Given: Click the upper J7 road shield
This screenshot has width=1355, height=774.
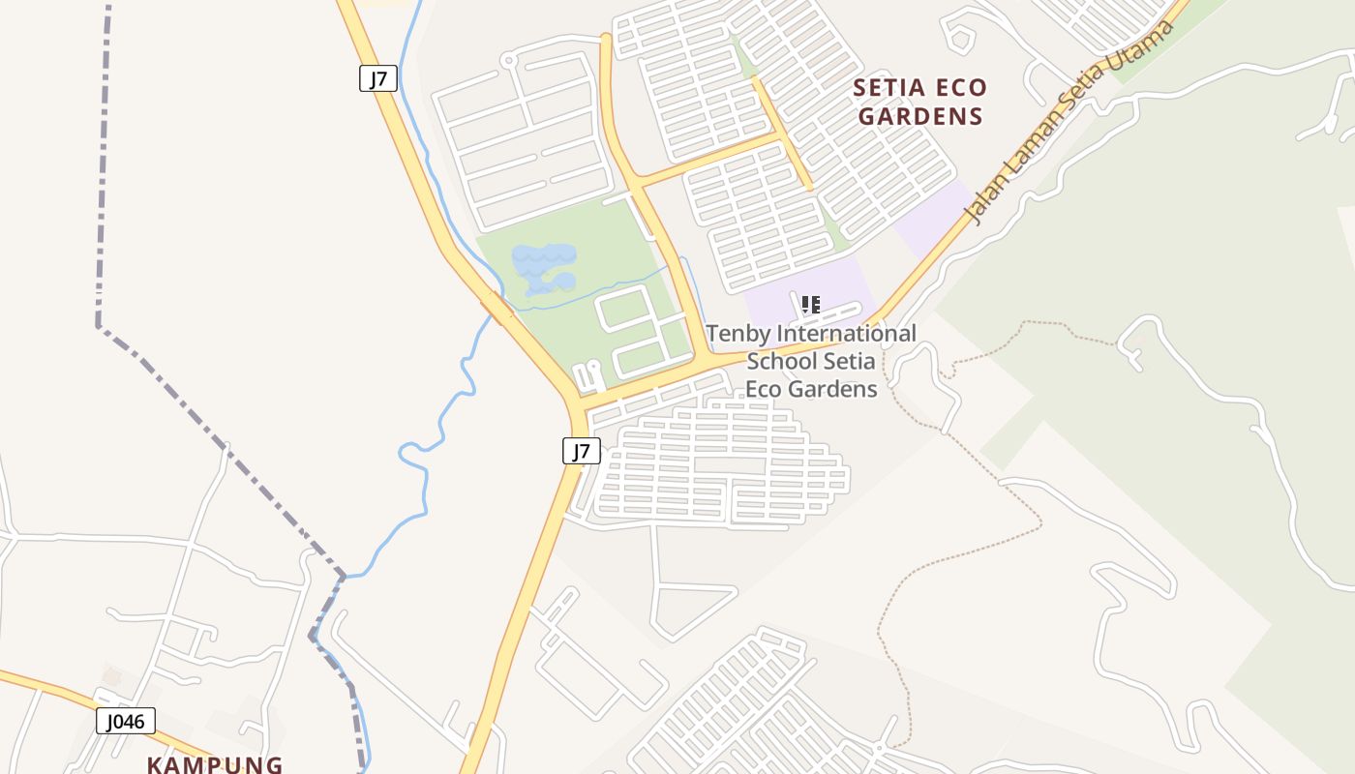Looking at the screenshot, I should [x=378, y=78].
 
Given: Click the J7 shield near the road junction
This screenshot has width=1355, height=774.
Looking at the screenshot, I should [x=582, y=450].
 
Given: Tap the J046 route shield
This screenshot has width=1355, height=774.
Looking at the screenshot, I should [x=126, y=721].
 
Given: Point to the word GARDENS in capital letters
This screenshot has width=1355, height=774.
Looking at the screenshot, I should [x=921, y=117].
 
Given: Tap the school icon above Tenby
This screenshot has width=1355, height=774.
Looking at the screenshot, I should [x=811, y=306].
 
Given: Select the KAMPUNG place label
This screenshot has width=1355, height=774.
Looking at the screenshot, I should [x=215, y=764].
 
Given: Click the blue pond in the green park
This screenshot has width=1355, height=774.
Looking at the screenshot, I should [x=544, y=266].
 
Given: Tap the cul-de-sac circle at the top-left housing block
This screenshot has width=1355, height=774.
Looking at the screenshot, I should [x=507, y=60].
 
